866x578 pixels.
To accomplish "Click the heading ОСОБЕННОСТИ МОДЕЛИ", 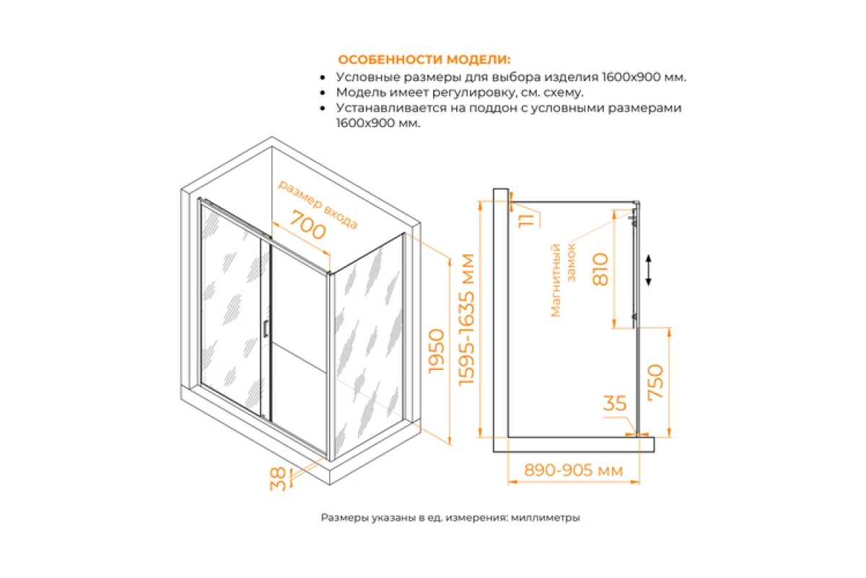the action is coord(424,60).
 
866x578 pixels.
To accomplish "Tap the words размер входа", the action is coord(318,204).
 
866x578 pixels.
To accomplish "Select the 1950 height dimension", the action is coord(437,350).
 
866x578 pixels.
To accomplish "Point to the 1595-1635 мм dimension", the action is coord(466,319).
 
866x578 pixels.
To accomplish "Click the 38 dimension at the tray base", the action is coord(278,479).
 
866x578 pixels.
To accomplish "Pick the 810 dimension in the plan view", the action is coord(600,269).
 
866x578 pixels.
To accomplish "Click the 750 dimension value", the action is coord(655,381).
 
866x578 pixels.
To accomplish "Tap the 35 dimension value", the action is coord(615,403).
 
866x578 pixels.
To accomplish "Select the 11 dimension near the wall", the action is coord(526,220).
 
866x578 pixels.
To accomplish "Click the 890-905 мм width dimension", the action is coord(573,470).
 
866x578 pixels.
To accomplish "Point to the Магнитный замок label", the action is coord(562,280).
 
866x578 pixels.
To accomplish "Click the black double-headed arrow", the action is coord(649,269).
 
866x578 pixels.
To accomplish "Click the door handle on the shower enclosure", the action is coord(266,328).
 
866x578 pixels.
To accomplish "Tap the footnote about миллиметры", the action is coord(450,517).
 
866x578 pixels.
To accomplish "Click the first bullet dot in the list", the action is coord(323,78).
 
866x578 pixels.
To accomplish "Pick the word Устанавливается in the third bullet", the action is coord(390,108).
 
